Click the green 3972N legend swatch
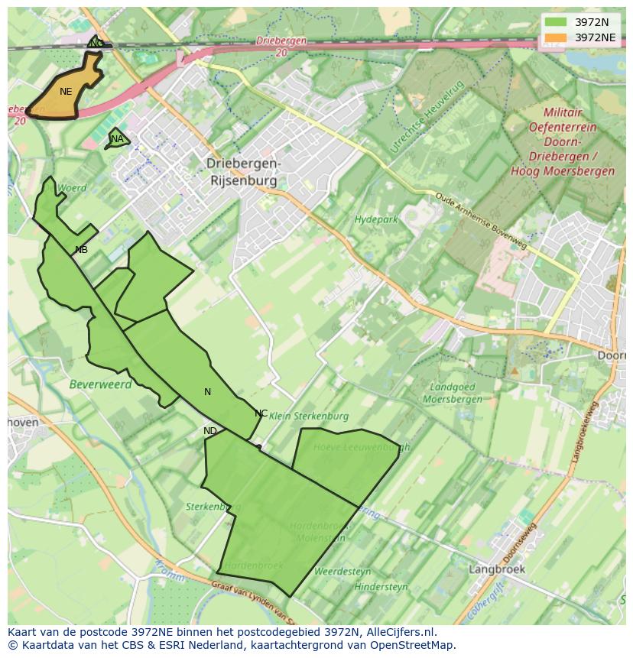point(556,22)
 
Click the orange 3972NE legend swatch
point(556,37)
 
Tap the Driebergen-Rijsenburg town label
point(244,173)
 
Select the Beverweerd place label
point(100,384)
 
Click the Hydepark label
point(376,220)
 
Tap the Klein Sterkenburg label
point(310,417)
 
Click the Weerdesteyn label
point(342,571)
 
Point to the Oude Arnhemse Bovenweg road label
point(481,219)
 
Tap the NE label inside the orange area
point(66,92)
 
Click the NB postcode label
point(81,250)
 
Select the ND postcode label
point(210,431)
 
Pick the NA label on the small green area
point(117,139)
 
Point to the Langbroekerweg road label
point(584,433)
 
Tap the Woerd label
point(72,187)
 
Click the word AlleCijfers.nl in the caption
point(394,632)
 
